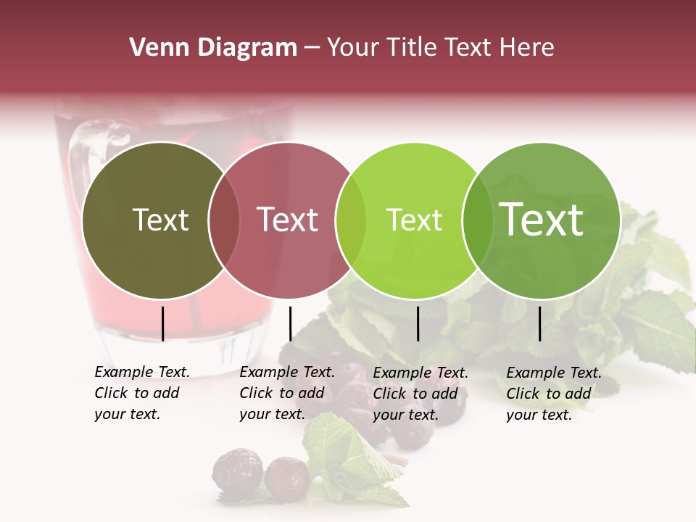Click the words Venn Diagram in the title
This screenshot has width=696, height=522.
[213, 48]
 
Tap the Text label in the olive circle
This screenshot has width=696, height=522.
[160, 220]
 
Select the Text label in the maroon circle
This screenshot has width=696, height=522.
[288, 220]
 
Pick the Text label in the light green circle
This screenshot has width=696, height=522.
[414, 220]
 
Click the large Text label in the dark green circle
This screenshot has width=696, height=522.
[542, 219]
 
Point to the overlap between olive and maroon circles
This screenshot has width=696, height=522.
[224, 220]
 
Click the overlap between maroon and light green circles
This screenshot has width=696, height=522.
[351, 220]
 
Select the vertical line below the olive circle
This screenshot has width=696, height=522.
[162, 323]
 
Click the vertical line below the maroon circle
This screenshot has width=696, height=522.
[290, 323]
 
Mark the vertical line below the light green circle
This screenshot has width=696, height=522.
[418, 323]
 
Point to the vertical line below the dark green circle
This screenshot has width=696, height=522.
[539, 323]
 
